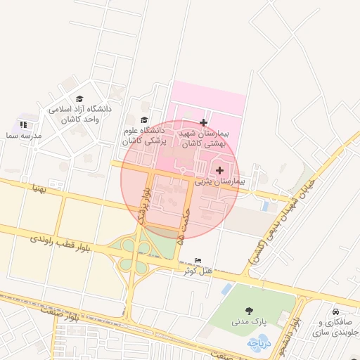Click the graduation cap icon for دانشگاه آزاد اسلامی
(79, 99)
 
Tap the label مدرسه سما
(22, 135)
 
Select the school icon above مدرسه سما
(23, 124)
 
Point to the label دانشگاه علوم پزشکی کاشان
(143, 136)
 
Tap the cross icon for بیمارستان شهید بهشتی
(204, 122)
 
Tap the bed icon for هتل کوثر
(198, 260)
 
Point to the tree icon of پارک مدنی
(249, 310)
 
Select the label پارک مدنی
(250, 321)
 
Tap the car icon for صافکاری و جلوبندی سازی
(335, 312)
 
